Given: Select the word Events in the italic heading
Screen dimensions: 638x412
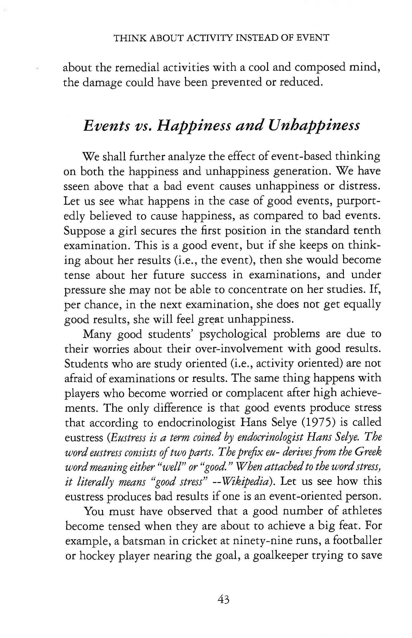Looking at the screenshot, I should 106,125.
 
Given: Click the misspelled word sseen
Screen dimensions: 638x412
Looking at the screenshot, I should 76,186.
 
